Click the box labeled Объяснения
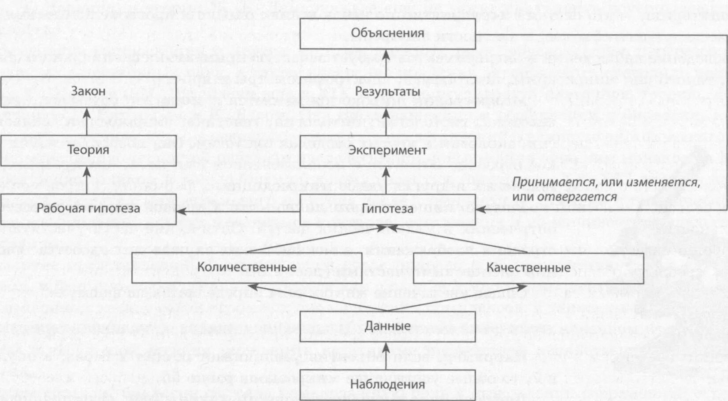(x=387, y=33)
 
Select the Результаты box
(x=387, y=92)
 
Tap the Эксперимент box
(x=387, y=150)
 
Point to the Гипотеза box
(x=387, y=209)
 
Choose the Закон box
(x=88, y=92)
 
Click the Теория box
(x=88, y=150)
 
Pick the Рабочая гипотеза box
(x=88, y=209)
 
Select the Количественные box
(x=247, y=268)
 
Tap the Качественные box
(x=528, y=268)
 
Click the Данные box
(x=387, y=326)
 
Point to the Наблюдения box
(x=387, y=385)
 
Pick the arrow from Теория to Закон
(x=87, y=121)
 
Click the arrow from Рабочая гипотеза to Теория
(x=87, y=180)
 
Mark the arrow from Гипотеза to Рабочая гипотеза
(x=238, y=211)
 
